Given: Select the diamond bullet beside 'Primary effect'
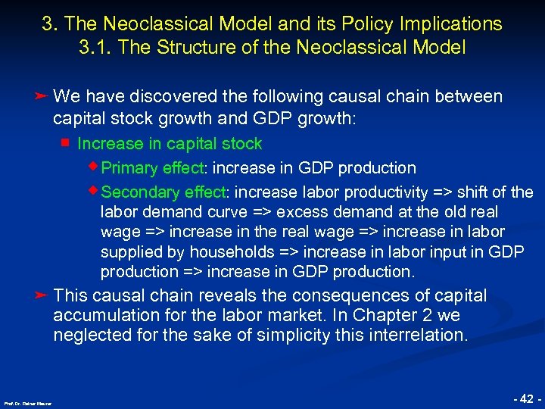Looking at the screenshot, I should click(x=95, y=167).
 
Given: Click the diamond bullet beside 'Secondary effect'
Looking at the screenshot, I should click(x=95, y=191).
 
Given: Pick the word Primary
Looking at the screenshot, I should click(x=128, y=168).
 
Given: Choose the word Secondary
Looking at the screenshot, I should click(x=139, y=192).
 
